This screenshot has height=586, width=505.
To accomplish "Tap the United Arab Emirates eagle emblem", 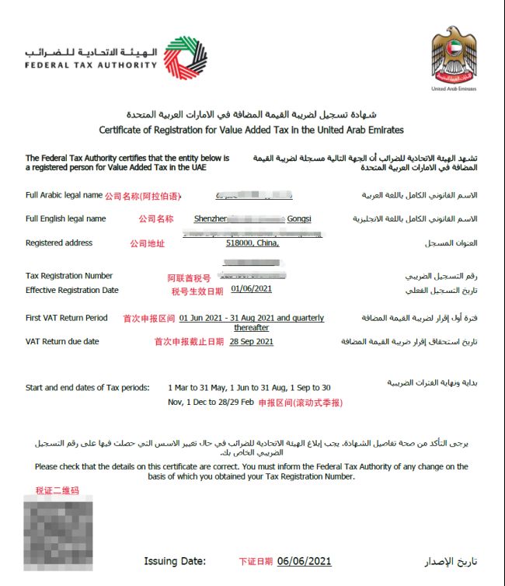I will tap(453, 56).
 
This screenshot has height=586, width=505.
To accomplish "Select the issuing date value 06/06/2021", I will tap(304, 561).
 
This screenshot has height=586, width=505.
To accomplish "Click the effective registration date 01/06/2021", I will tap(252, 289).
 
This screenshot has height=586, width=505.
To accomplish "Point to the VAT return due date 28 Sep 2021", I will tap(251, 341).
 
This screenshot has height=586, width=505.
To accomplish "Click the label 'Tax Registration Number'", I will tap(69, 276).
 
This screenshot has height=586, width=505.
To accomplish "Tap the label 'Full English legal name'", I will tap(65, 218).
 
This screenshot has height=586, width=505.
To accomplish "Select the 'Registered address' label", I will tap(59, 243).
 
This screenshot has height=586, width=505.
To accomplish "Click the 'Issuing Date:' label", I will tap(175, 561).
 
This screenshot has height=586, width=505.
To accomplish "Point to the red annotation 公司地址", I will tap(147, 244).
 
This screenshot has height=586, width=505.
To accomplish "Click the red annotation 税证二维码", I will tap(57, 490).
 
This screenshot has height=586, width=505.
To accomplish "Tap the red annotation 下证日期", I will tap(256, 561).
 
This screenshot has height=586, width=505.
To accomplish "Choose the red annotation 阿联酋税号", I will tap(189, 277).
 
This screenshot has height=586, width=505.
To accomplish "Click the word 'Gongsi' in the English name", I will tap(299, 218).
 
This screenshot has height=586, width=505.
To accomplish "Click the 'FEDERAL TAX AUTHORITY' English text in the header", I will tap(91, 65).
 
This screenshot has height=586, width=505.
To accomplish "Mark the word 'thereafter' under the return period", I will tap(251, 327).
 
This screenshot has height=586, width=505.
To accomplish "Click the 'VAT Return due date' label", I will tap(62, 341).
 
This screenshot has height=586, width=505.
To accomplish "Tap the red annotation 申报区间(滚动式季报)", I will tap(300, 403).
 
